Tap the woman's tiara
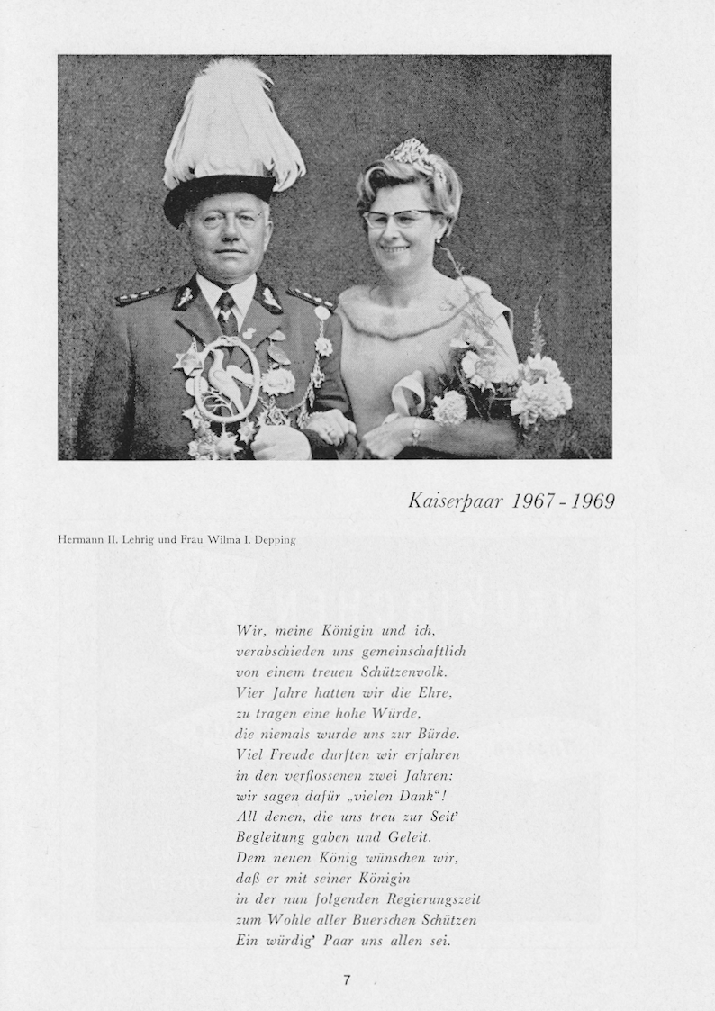[x=412, y=155]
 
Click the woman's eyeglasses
[x=401, y=219]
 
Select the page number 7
[x=347, y=980]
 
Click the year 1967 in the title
[x=532, y=501]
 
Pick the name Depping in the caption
[x=274, y=540]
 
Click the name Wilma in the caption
[x=216, y=540]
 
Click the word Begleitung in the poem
[x=267, y=838]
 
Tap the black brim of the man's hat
[x=219, y=194]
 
